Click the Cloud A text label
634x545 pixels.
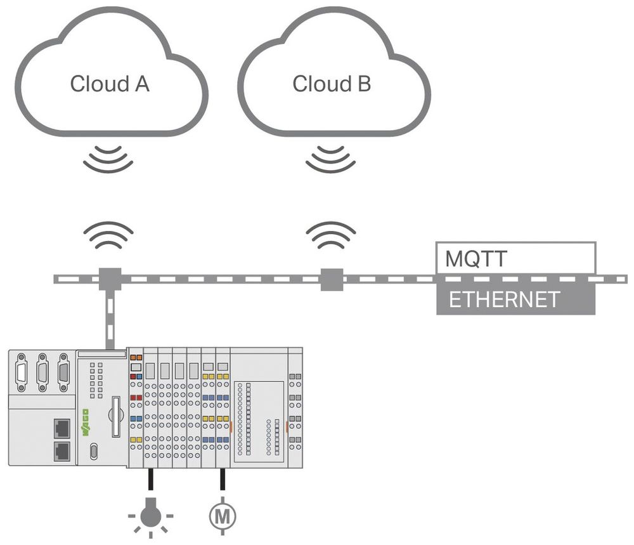(110, 84)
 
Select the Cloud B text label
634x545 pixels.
(332, 84)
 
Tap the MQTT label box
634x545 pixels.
(515, 258)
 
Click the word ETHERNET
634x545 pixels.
(504, 299)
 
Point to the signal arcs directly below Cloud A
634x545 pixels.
(108, 158)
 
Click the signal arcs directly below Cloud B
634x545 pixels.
(330, 158)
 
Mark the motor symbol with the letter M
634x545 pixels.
(222, 513)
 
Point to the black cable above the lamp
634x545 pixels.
(150, 480)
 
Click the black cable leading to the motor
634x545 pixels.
(223, 480)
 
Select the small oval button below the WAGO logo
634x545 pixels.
(94, 451)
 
